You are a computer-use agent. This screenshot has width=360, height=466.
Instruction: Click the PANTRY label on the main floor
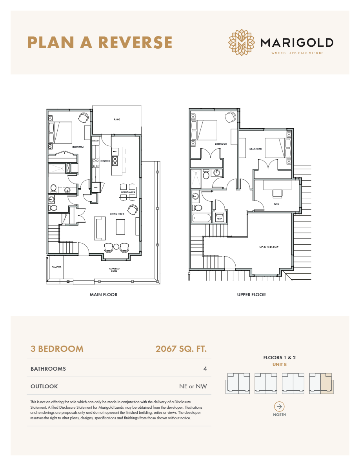pos(95,140)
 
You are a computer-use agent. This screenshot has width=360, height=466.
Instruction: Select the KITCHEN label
pos(105,161)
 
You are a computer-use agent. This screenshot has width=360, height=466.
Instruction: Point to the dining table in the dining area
pos(127,192)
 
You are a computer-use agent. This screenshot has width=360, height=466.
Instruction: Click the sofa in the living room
pos(100,228)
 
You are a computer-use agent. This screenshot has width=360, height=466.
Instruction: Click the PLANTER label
pos(56,267)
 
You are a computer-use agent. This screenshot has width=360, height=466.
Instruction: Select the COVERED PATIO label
pos(115,270)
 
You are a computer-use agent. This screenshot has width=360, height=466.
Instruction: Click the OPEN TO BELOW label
pos(269,247)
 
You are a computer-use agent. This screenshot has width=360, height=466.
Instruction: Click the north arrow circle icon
pos(279,406)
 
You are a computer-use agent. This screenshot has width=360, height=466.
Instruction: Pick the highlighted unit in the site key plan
pos(326,383)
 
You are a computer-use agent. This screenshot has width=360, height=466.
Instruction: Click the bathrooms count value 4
pos(205,369)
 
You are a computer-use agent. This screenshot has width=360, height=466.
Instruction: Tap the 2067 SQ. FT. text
pos(181,349)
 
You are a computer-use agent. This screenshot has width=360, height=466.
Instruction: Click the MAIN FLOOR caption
pos(104,295)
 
